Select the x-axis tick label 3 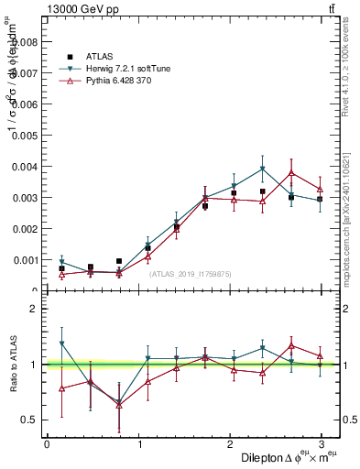(322, 444)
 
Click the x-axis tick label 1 (138, 444)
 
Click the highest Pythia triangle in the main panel (291, 172)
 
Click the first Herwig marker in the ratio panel (61, 344)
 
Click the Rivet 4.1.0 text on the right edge (352, 78)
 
